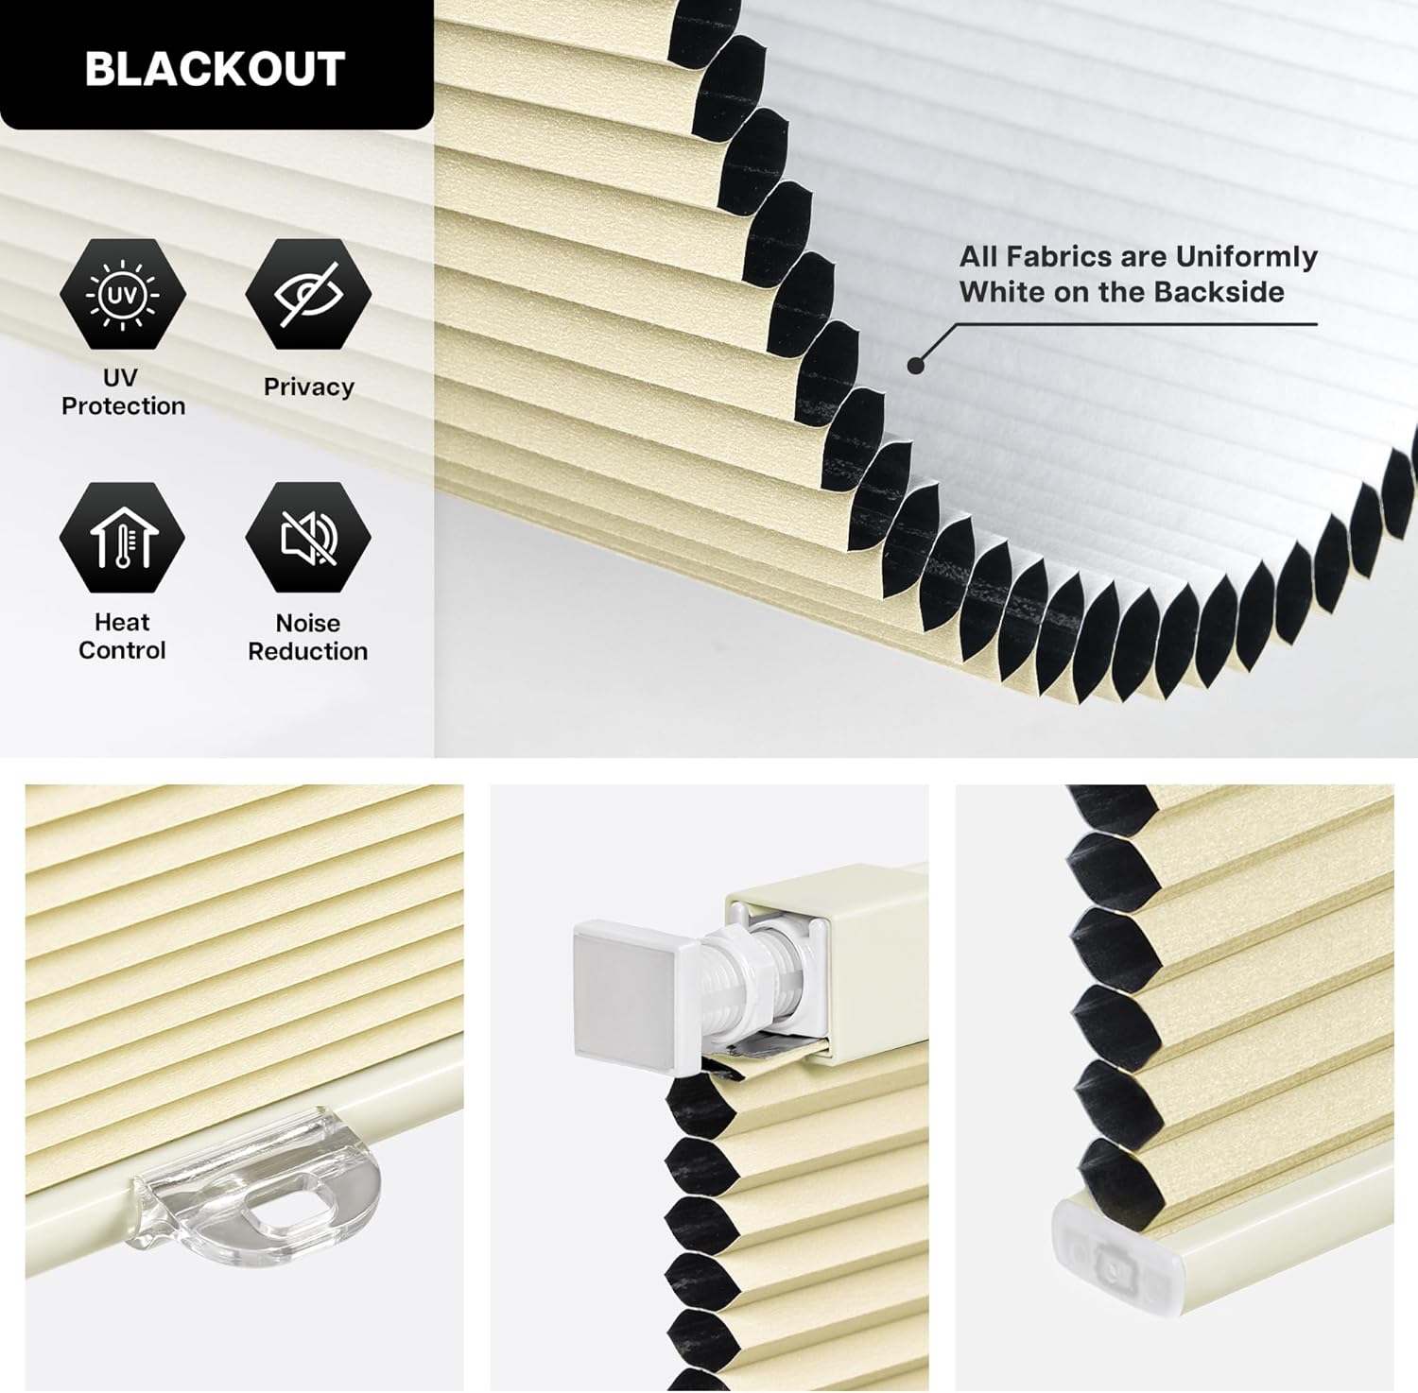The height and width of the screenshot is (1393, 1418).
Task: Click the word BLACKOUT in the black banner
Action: [x=215, y=69]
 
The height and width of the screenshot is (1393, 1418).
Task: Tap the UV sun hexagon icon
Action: [x=123, y=296]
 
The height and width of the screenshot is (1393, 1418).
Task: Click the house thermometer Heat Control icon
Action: [x=122, y=538]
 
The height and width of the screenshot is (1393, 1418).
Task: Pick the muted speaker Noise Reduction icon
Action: [x=308, y=538]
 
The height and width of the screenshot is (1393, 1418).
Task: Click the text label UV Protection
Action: [x=123, y=391]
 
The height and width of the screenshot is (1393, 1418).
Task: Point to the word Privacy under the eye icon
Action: [x=308, y=387]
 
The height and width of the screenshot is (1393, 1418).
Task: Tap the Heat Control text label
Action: [x=122, y=636]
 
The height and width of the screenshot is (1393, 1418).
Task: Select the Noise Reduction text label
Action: [x=308, y=637]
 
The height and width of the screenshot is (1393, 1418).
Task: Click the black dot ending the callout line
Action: [x=914, y=365]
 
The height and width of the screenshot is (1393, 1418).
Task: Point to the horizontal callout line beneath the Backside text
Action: [x=1134, y=324]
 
